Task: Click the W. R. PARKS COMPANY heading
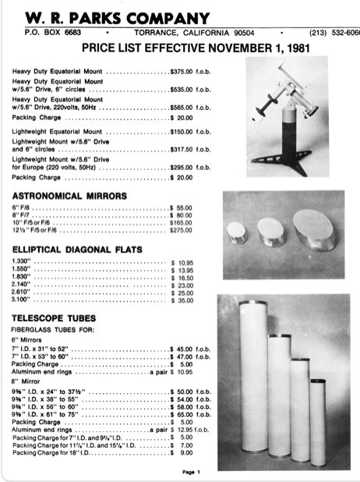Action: coord(118,17)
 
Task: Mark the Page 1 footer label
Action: coord(192,472)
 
